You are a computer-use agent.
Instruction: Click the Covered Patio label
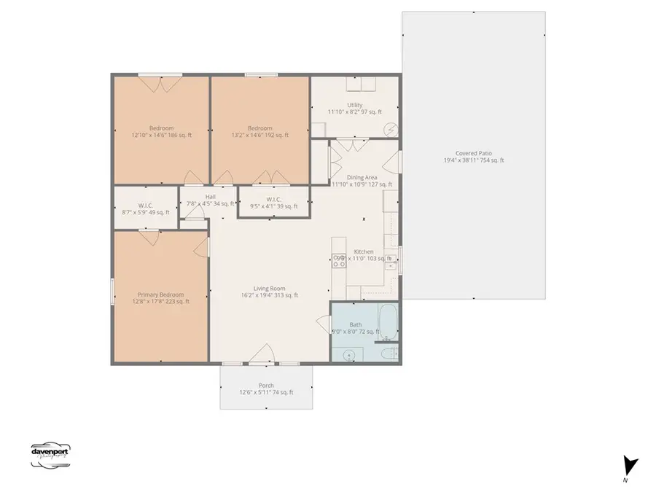(474, 154)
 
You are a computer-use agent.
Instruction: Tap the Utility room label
(355, 105)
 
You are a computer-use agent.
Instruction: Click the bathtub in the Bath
(388, 323)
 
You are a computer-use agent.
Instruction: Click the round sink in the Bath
(349, 355)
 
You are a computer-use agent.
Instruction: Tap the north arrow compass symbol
(630, 465)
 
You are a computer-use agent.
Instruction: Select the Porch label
(267, 386)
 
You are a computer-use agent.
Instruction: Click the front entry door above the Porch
(261, 356)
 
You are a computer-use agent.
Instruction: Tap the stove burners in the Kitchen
(339, 260)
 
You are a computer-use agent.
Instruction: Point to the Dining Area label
(362, 177)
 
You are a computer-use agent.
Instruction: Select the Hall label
(211, 197)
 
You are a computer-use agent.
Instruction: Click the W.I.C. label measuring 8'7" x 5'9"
(144, 206)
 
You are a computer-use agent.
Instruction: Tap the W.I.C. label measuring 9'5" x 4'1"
(274, 199)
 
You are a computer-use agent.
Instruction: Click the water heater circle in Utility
(391, 130)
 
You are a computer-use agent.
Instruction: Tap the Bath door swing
(322, 322)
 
